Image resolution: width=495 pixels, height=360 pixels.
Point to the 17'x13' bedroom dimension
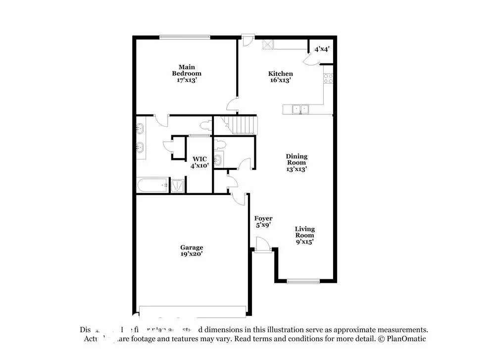(x=186, y=80)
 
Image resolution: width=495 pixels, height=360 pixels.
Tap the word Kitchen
(x=280, y=74)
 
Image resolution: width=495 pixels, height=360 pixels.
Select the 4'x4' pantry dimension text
(x=322, y=49)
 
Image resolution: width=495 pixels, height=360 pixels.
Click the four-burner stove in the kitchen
(x=328, y=78)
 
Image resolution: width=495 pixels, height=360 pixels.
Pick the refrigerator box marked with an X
(x=268, y=45)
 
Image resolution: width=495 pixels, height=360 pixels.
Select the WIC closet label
(x=200, y=159)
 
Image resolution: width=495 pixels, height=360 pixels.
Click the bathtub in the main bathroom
(x=152, y=186)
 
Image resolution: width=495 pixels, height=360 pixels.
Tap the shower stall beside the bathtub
(x=178, y=186)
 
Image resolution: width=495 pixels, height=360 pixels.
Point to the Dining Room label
(x=296, y=159)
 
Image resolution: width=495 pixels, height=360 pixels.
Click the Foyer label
(x=263, y=218)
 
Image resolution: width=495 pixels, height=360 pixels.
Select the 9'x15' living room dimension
(x=304, y=242)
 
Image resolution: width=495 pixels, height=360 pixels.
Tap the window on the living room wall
(x=303, y=282)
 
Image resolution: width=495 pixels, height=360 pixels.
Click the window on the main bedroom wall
(x=185, y=37)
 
